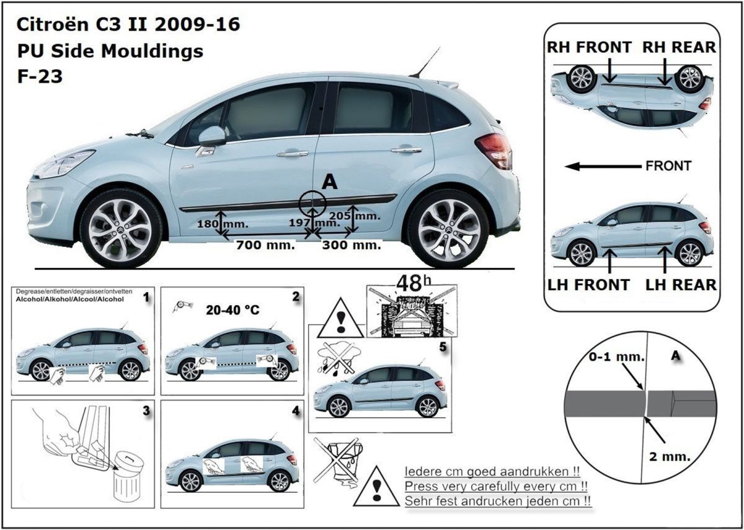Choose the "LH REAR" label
point(681,285)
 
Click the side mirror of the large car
point(212,136)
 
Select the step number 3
point(146,410)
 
